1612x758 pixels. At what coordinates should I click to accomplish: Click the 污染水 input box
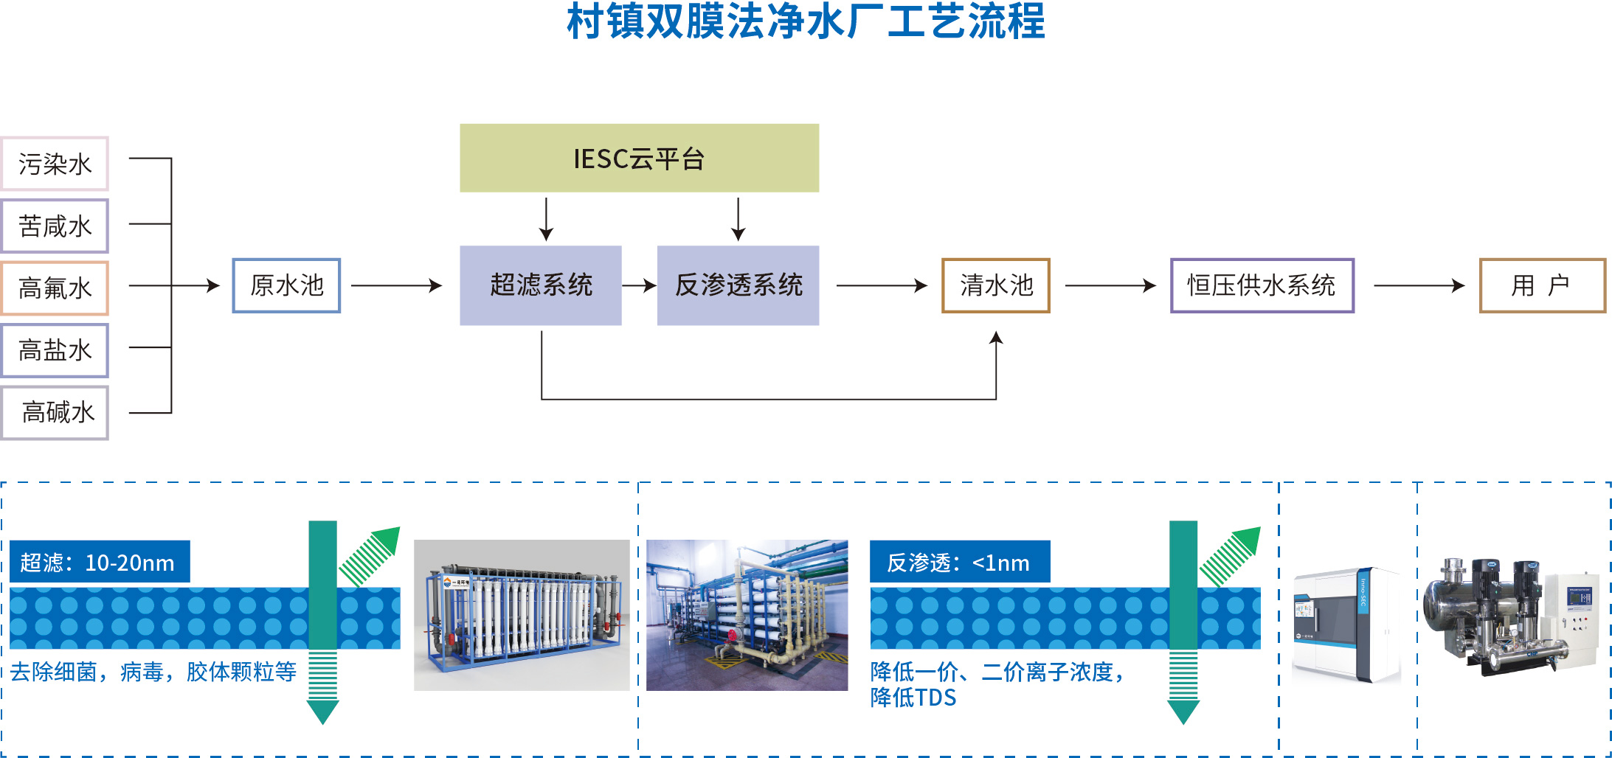pyautogui.click(x=55, y=164)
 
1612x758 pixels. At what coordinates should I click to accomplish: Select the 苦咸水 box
pyautogui.click(x=55, y=226)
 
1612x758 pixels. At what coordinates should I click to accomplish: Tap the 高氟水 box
pyautogui.click(x=55, y=288)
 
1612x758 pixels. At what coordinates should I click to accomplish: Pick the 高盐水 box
pyautogui.click(x=55, y=350)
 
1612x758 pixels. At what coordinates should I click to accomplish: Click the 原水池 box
pyautogui.click(x=286, y=285)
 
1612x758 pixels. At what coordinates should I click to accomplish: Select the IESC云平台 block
pyautogui.click(x=639, y=159)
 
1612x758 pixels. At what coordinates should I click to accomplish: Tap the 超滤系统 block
pyautogui.click(x=541, y=285)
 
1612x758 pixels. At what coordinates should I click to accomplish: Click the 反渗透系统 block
pyautogui.click(x=738, y=285)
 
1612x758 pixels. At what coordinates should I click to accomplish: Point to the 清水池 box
pyautogui.click(x=996, y=285)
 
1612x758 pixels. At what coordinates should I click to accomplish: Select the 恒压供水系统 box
pyautogui.click(x=1262, y=285)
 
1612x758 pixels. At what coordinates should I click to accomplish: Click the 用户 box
pyautogui.click(x=1542, y=285)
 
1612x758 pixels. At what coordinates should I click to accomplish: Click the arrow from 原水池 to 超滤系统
pyautogui.click(x=396, y=285)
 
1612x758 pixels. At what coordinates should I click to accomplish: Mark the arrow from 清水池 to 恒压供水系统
pyautogui.click(x=1110, y=285)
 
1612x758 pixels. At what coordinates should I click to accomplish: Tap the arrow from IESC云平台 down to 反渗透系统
pyautogui.click(x=738, y=219)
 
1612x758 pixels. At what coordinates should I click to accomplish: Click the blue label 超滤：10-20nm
pyautogui.click(x=100, y=562)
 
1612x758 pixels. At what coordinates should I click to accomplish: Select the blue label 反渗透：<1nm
pyautogui.click(x=959, y=562)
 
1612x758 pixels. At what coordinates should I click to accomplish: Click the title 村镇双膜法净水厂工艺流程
pyautogui.click(x=806, y=22)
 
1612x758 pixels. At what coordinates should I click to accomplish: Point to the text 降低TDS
pyautogui.click(x=913, y=698)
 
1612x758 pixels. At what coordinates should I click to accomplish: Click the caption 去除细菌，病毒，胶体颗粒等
pyautogui.click(x=153, y=672)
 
